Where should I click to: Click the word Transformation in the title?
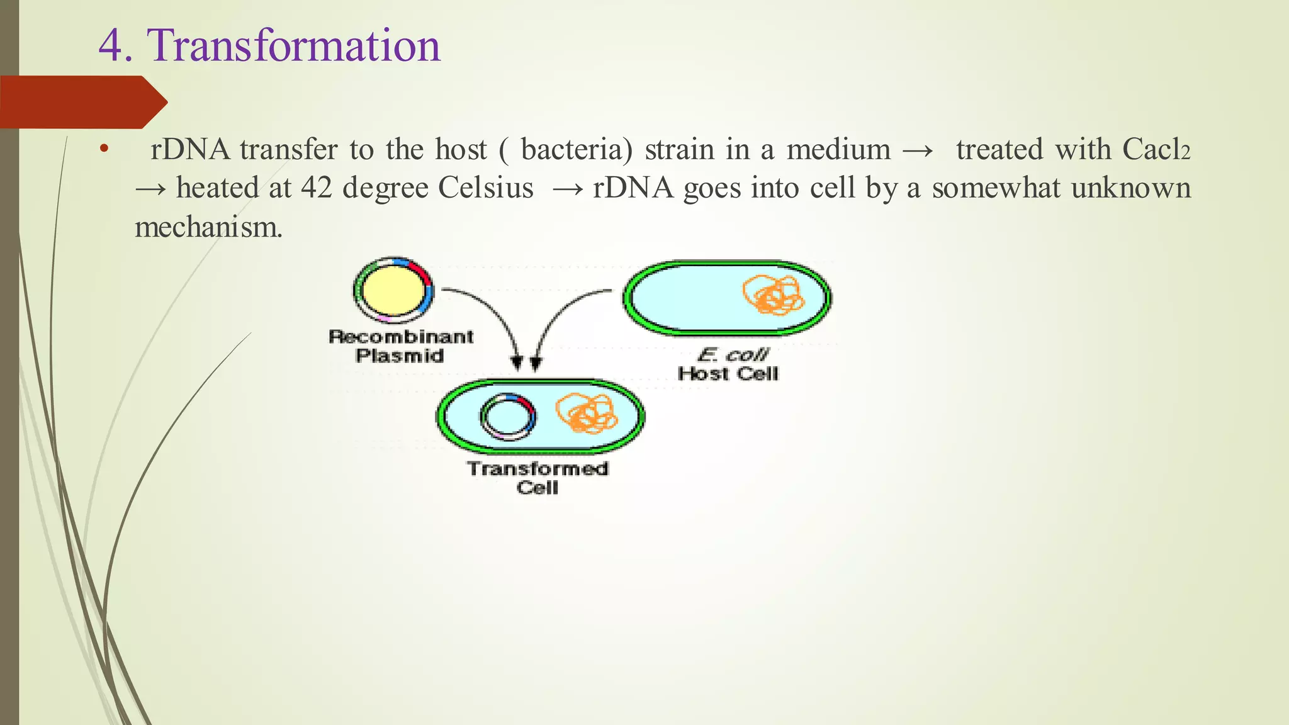293,46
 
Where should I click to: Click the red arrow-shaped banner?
82,102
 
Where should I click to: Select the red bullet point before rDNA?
104,150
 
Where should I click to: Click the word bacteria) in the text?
577,150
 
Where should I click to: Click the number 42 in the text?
316,188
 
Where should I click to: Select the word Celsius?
485,188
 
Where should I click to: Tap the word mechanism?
208,227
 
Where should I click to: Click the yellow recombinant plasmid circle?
393,290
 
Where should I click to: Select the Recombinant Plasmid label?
401,346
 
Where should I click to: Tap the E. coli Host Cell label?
728,364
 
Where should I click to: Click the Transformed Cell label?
538,478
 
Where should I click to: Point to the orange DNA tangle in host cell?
774,295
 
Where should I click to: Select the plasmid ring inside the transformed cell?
508,417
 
